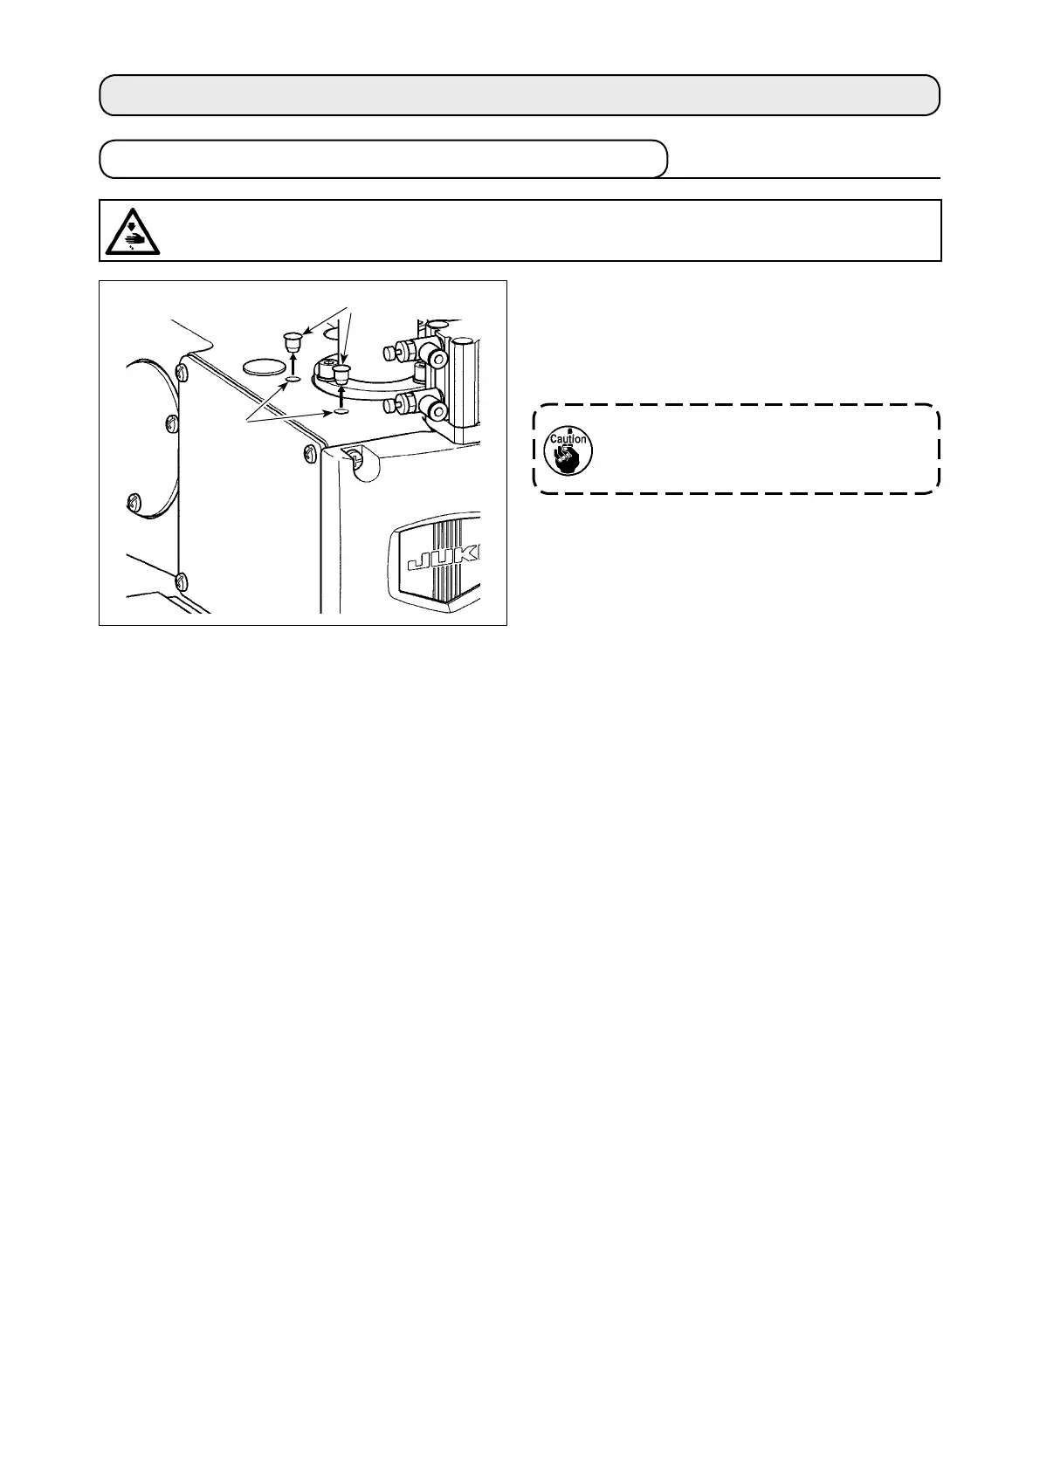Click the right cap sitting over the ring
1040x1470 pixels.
coord(341,375)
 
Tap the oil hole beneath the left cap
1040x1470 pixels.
coord(293,380)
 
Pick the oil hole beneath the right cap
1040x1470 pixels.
coord(341,410)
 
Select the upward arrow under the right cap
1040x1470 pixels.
coord(341,395)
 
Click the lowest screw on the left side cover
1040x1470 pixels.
coord(181,580)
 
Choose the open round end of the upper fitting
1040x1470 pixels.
coord(434,357)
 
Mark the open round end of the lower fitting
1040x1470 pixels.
coord(435,408)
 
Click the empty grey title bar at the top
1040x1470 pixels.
coord(520,95)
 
